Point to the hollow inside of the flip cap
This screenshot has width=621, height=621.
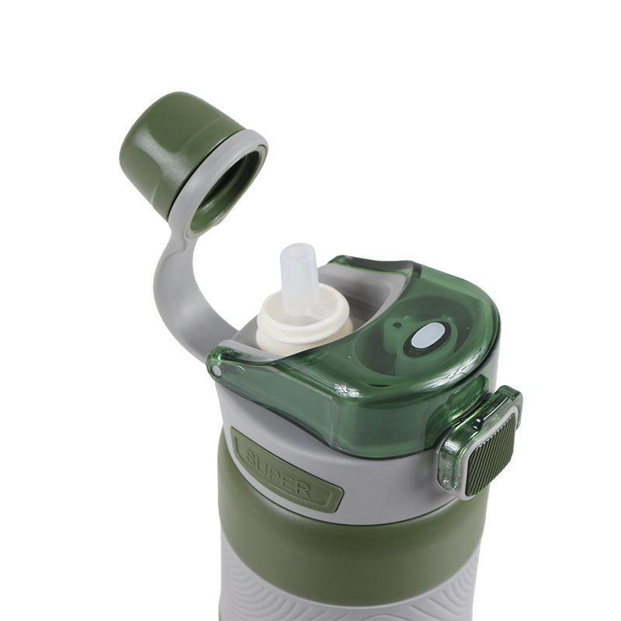click(x=225, y=186)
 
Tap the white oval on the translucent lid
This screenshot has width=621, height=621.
click(x=427, y=335)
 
